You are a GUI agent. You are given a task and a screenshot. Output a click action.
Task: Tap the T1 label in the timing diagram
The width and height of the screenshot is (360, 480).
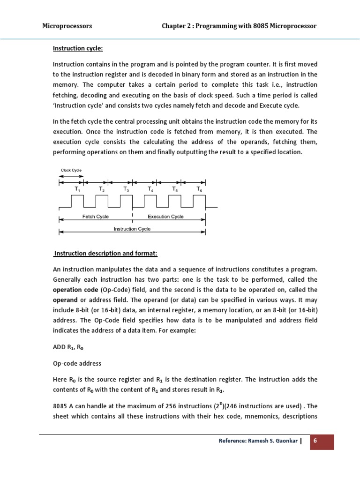click(x=77, y=188)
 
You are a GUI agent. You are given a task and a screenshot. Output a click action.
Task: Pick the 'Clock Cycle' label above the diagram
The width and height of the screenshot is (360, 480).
click(x=71, y=170)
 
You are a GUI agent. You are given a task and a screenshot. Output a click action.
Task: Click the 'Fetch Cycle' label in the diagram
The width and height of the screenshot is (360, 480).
click(x=95, y=217)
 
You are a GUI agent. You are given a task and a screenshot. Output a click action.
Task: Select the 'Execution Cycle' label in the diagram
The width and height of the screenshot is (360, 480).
click(x=166, y=217)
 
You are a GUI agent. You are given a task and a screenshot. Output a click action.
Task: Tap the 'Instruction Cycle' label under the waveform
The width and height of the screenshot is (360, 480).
click(x=132, y=229)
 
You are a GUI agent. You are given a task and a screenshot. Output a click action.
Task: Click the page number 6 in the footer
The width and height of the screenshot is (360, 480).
click(x=322, y=442)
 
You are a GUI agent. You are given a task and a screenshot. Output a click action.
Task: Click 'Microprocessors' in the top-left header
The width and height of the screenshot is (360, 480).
click(x=67, y=26)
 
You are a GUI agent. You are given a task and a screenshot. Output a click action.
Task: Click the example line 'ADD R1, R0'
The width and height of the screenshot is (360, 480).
click(x=68, y=348)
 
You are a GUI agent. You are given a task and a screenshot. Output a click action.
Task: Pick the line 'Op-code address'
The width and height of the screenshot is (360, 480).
click(x=76, y=363)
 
